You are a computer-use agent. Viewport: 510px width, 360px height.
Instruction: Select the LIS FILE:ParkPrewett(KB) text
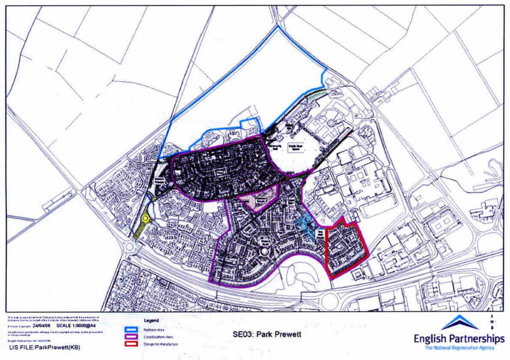(44, 347)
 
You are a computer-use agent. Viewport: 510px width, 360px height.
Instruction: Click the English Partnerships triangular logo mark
(461, 322)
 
